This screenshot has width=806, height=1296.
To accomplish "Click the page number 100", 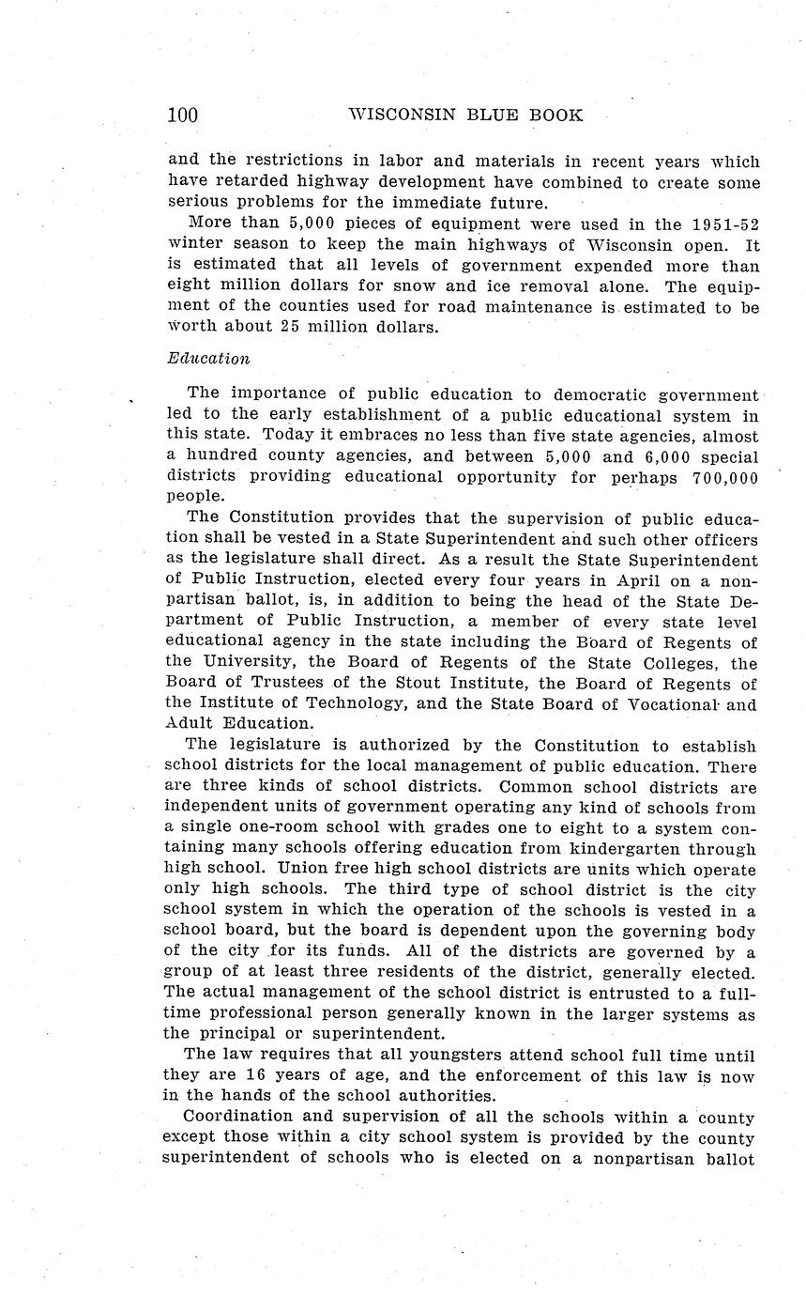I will [182, 116].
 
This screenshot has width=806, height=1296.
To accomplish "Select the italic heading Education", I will [208, 359].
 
